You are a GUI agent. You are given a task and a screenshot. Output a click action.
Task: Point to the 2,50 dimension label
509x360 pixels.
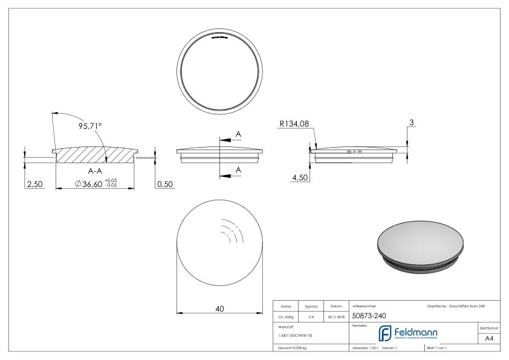coord(34,184)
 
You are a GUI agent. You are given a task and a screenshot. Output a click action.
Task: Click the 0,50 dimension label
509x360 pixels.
coord(164,184)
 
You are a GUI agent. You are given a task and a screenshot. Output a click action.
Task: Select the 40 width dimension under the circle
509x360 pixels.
coord(219,309)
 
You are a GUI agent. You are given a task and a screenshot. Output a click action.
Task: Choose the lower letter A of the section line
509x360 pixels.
coord(238,170)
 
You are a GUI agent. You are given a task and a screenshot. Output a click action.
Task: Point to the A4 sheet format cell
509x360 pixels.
coord(490,339)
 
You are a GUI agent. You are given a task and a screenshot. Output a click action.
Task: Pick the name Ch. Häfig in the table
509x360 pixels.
coord(287,315)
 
